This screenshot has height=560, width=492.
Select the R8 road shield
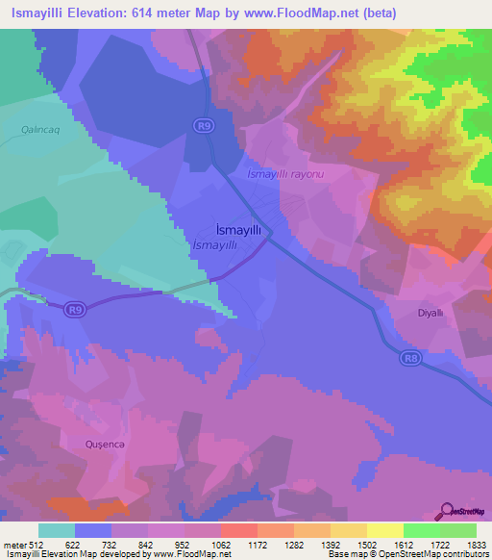(x=410, y=357)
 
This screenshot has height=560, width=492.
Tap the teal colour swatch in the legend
(x=56, y=530)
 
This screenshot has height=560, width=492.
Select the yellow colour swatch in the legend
(x=384, y=530)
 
